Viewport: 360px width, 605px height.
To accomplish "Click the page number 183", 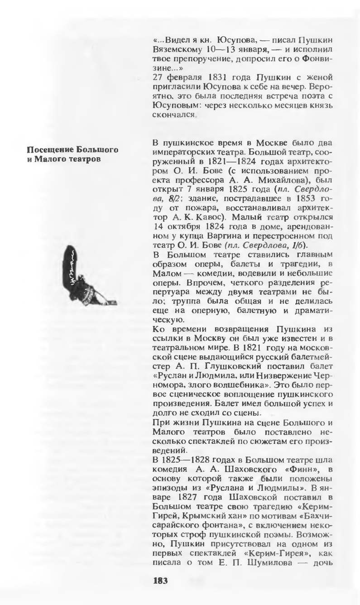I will tap(160, 581).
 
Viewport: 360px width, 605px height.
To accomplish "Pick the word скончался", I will tap(174, 115).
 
